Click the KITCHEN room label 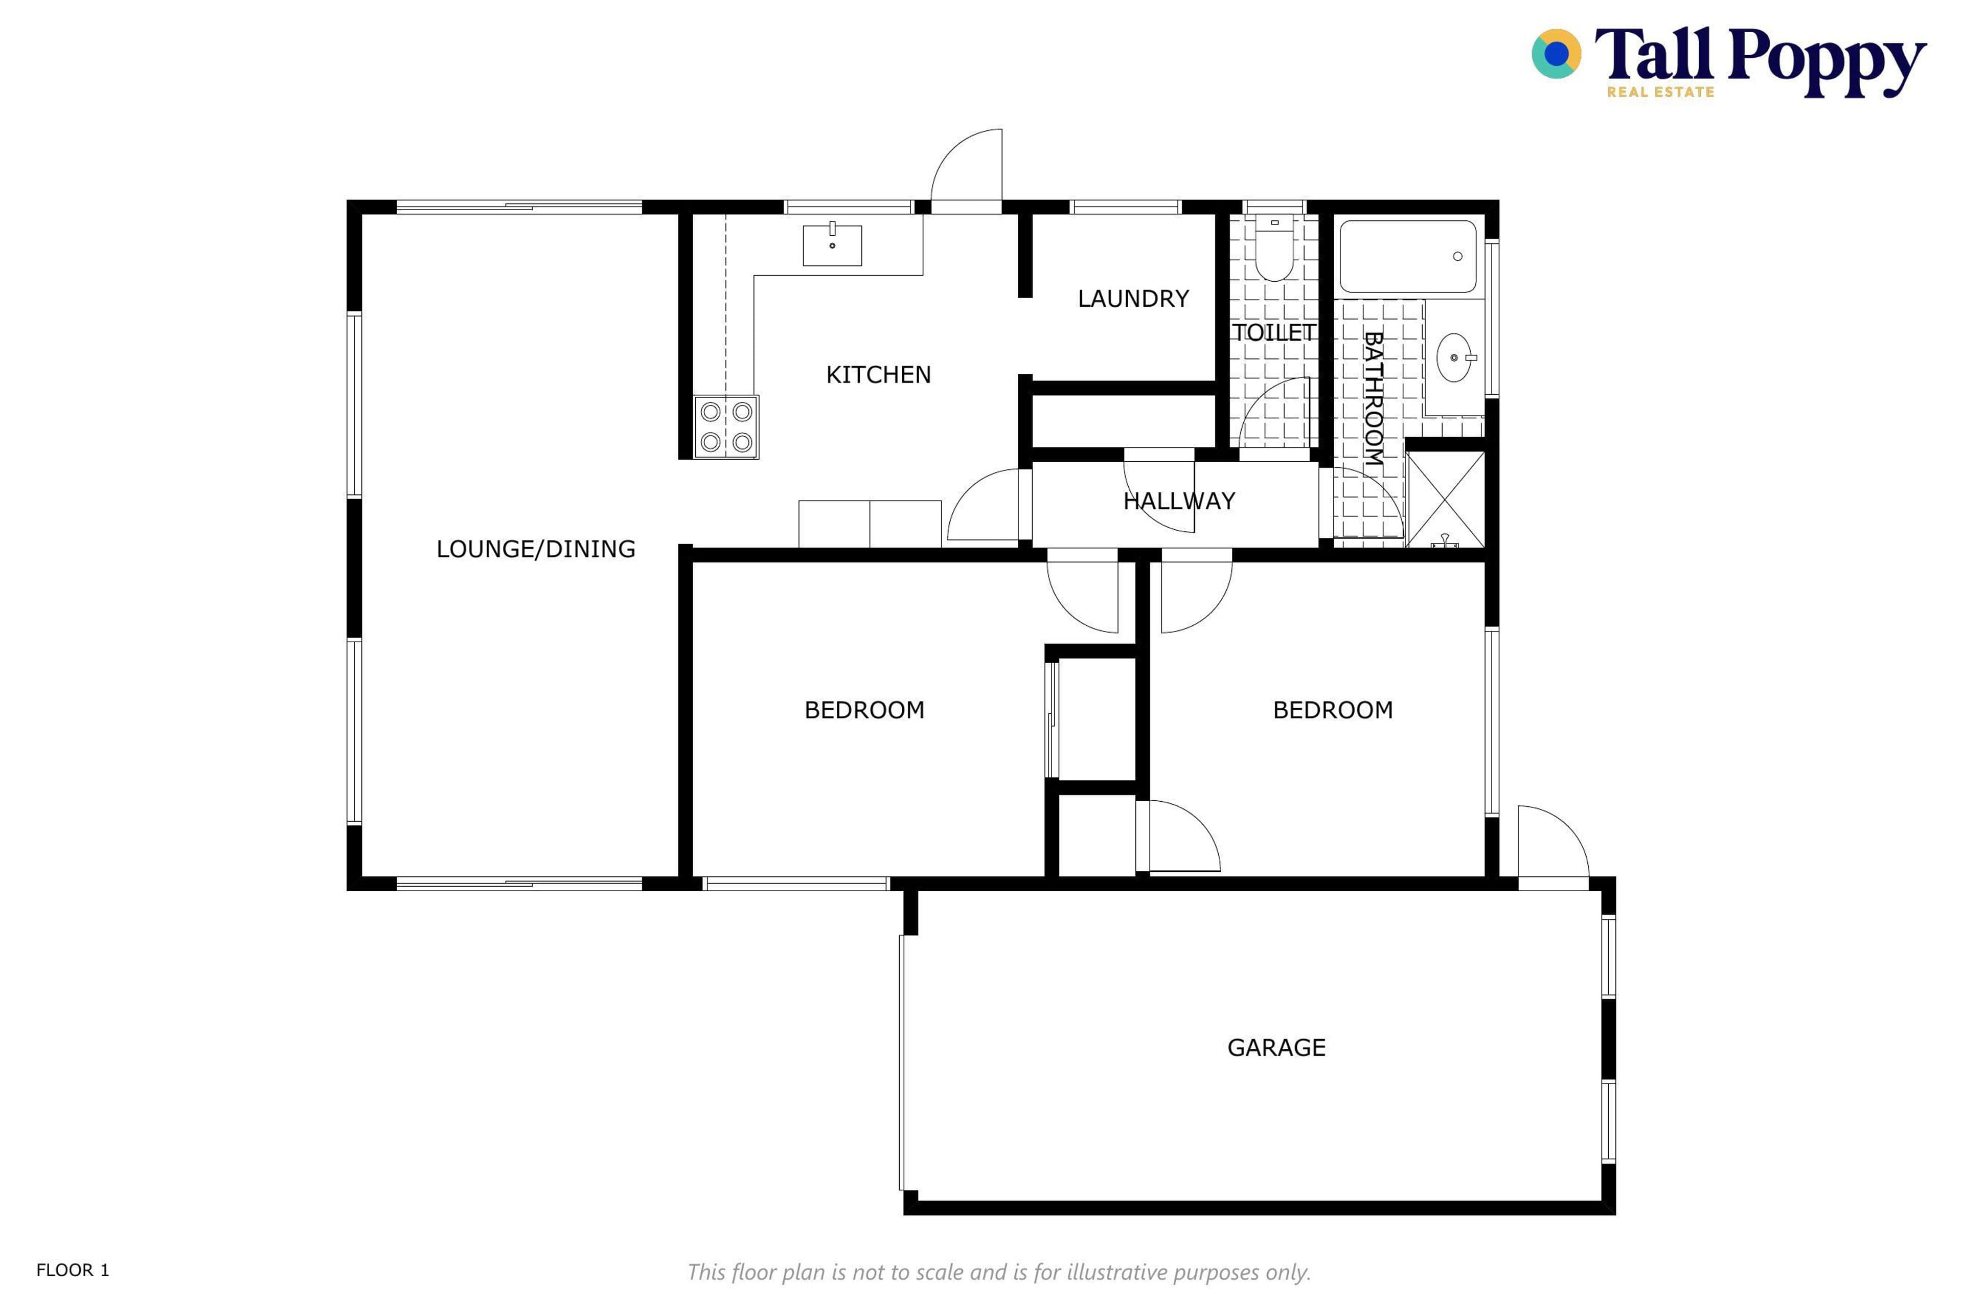(x=878, y=375)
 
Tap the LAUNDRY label (x=1133, y=299)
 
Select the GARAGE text (x=1276, y=1048)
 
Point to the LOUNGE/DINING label (x=536, y=549)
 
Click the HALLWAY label (x=1178, y=501)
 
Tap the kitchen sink (x=832, y=244)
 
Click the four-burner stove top (x=726, y=426)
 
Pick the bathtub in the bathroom (x=1408, y=256)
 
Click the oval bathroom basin (x=1454, y=357)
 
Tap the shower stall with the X (x=1446, y=499)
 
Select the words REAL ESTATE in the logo (x=1660, y=92)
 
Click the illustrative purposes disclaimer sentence (x=999, y=1272)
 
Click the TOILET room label (x=1273, y=333)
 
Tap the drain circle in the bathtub (x=1457, y=256)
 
